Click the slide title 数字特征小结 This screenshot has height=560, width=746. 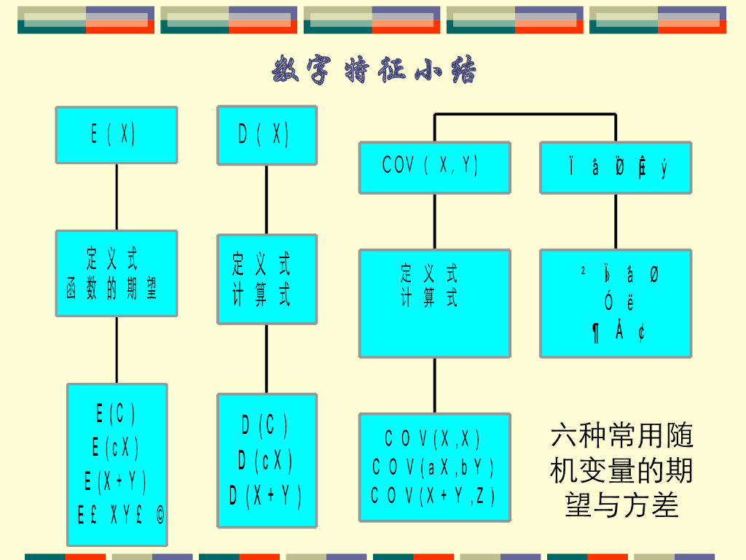(374, 71)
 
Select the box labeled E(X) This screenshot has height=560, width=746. (117, 135)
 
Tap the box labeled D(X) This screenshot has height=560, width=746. (267, 135)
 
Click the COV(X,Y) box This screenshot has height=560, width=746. (434, 167)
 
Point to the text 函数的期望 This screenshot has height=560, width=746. (113, 289)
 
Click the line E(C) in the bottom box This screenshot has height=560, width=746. (116, 414)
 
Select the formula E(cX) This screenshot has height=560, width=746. (116, 448)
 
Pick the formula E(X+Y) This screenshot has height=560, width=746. (116, 481)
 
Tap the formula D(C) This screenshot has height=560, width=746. (266, 425)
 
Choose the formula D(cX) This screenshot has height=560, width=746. (266, 461)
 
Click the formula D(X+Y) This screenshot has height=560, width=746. (266, 497)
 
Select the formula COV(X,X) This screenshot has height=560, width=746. (433, 439)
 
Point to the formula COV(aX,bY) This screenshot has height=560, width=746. (433, 467)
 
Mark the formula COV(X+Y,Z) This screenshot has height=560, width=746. (433, 497)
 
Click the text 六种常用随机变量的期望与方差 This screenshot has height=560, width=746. (621, 470)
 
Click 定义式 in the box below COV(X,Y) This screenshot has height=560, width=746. (430, 274)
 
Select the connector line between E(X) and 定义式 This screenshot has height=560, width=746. (117, 197)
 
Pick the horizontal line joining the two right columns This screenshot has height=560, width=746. (525, 115)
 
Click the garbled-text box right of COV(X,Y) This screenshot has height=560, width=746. (616, 167)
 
